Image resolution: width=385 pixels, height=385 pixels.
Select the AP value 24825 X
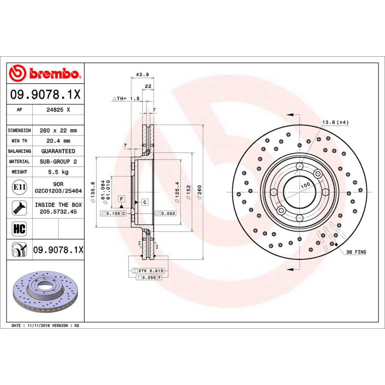58,110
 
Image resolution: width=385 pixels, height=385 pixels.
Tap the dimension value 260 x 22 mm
58,130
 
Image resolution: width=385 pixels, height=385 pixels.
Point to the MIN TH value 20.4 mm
58,141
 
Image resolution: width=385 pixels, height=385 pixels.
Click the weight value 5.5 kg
58,172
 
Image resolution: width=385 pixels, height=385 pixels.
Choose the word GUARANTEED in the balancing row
58,151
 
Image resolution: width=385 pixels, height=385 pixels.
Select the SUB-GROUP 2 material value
58,162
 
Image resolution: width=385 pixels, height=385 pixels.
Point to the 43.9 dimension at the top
142,74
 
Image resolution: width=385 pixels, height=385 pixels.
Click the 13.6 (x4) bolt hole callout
335,122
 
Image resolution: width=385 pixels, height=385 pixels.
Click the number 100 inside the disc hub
305,185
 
